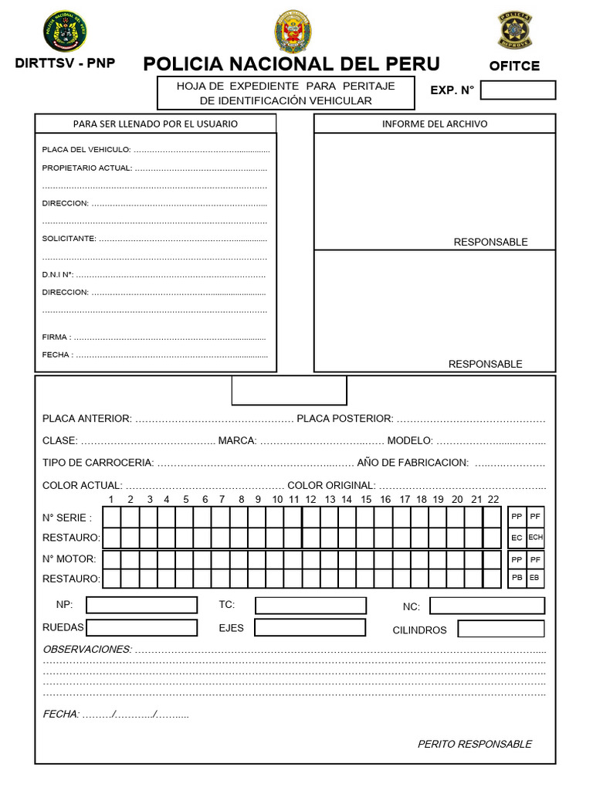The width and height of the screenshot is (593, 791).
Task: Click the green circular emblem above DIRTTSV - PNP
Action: click(65, 32)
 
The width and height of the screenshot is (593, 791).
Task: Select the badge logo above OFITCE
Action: click(513, 31)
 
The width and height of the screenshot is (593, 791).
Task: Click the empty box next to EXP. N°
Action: click(517, 90)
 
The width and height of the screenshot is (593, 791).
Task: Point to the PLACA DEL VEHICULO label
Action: click(86, 149)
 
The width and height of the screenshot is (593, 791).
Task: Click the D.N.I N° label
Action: click(57, 274)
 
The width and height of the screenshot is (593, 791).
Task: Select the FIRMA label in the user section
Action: click(56, 337)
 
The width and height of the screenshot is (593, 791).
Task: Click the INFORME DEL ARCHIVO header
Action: click(435, 124)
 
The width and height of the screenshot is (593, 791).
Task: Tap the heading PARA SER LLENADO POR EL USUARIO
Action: click(155, 124)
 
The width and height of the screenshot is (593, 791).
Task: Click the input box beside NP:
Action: click(141, 606)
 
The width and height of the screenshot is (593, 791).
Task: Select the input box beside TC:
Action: click(310, 606)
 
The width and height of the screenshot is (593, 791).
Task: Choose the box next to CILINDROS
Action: click(500, 629)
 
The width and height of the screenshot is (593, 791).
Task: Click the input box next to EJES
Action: click(310, 627)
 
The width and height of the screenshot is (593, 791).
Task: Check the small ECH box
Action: click(536, 537)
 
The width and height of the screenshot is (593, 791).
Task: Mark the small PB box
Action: click(517, 577)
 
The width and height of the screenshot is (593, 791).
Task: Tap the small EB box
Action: click(536, 577)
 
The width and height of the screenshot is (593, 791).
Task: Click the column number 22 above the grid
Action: click(493, 500)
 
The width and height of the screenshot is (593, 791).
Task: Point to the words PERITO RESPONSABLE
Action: click(474, 744)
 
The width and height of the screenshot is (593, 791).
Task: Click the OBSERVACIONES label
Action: click(86, 649)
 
